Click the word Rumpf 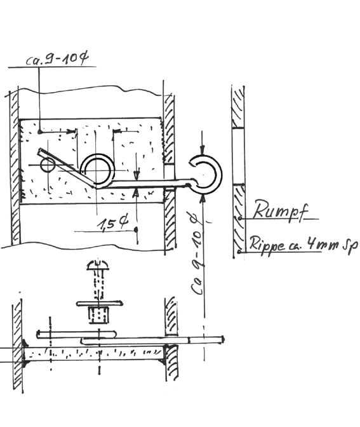(281, 210)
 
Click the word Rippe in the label (266, 245)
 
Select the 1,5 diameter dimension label (112, 223)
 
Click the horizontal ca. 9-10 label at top (57, 59)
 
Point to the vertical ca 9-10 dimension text (197, 254)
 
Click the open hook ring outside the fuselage (207, 175)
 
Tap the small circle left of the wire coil (48, 165)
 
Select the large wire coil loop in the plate (97, 170)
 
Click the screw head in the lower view (98, 265)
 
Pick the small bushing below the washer (99, 315)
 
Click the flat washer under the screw (99, 303)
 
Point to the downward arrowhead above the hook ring (202, 150)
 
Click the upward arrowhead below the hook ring (202, 199)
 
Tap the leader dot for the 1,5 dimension (136, 230)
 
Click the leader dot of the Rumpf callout (240, 218)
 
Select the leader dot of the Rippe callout (239, 252)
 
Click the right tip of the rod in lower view (223, 339)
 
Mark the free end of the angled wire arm (39, 151)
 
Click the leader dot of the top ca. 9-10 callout (40, 132)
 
